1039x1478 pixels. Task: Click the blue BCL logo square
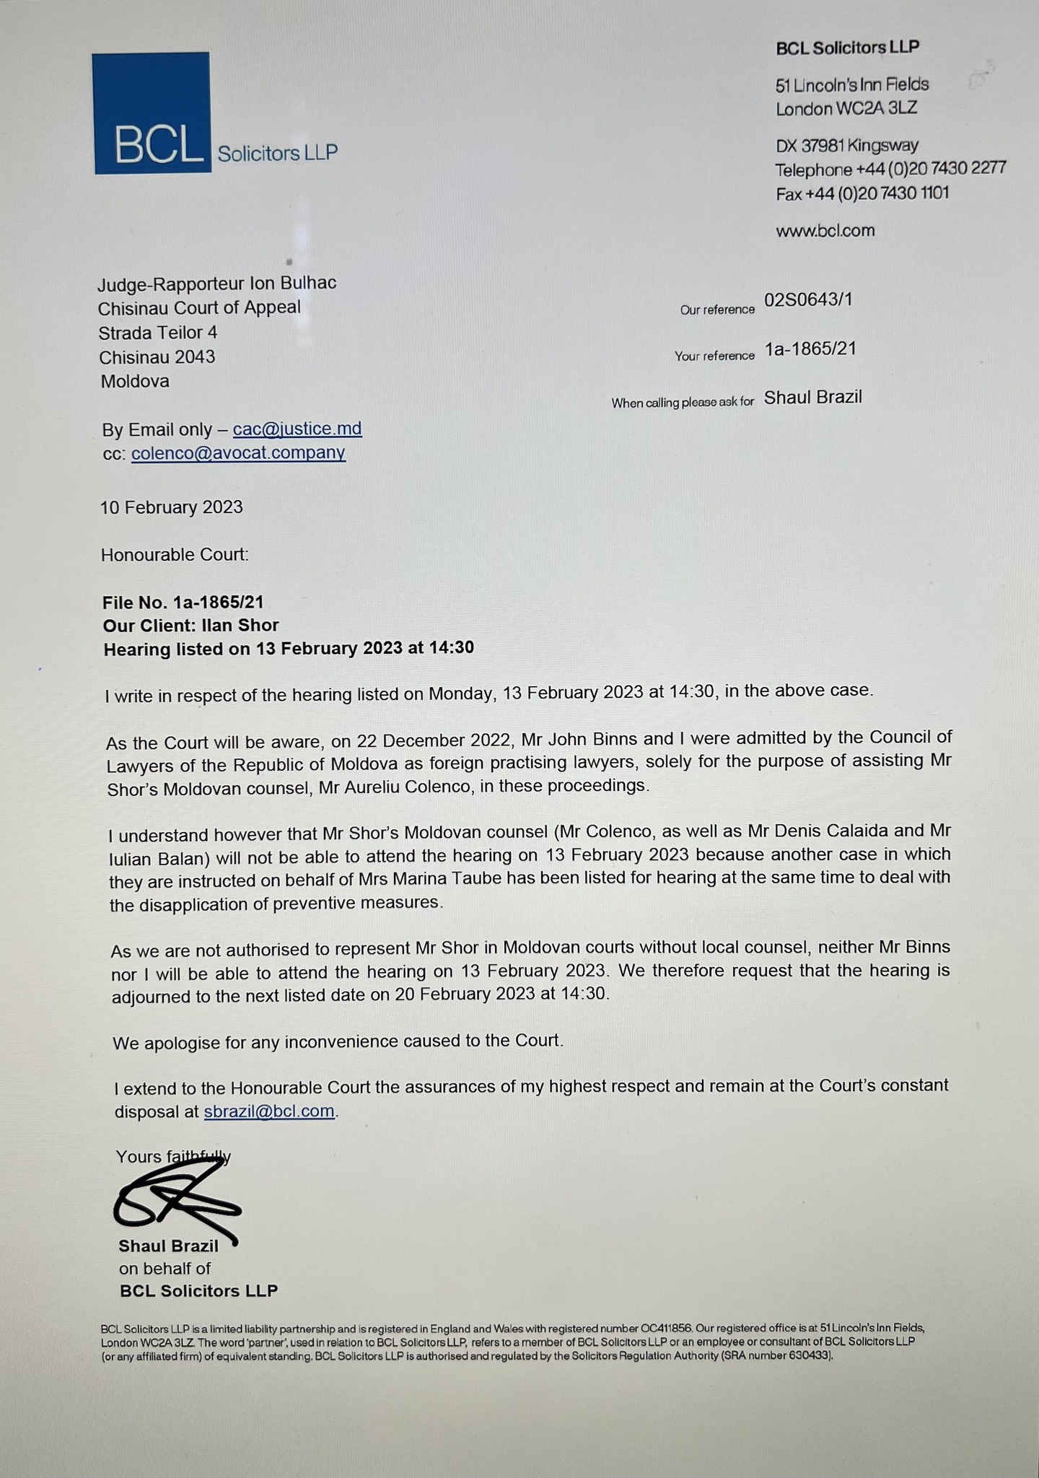tap(152, 113)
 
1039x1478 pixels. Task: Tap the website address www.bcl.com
tap(825, 231)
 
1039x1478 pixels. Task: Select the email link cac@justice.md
tap(297, 429)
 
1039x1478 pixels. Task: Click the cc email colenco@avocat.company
tap(238, 453)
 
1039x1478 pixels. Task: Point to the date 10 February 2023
tap(172, 507)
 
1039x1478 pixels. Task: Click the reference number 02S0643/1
tap(807, 299)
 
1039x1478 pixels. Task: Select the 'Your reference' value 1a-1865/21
tap(810, 349)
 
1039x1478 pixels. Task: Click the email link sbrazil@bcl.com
tap(269, 1111)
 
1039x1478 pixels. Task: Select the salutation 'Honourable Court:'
tap(175, 555)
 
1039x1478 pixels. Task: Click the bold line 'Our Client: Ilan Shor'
tap(190, 625)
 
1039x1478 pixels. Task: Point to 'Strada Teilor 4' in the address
tap(158, 333)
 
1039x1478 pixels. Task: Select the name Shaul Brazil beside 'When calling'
tap(812, 398)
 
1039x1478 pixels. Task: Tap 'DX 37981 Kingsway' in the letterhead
tap(846, 145)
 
